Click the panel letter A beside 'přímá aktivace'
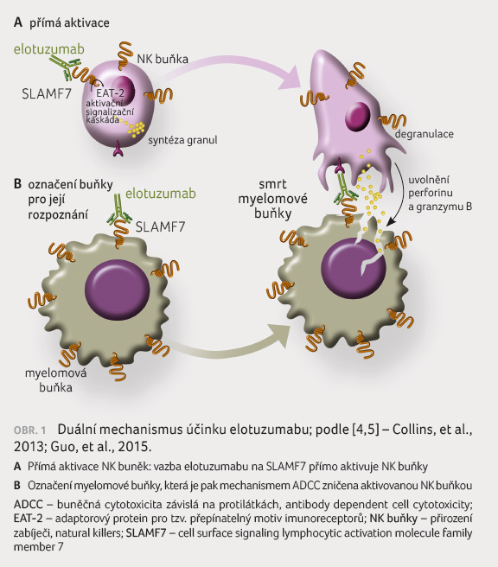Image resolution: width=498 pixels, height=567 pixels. click(18, 22)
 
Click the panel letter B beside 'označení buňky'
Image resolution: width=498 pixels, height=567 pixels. click(17, 184)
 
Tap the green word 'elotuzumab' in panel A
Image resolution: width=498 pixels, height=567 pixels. click(49, 49)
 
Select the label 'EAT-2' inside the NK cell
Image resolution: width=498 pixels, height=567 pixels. click(111, 93)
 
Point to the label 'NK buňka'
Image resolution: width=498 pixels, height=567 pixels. click(163, 59)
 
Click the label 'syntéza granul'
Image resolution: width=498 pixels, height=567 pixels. click(182, 140)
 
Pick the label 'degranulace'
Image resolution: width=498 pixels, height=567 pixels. click(424, 134)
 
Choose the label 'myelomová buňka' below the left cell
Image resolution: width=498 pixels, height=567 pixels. click(55, 380)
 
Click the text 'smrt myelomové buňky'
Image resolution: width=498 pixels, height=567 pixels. click(272, 199)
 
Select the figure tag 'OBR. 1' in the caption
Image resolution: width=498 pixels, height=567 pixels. click(30, 430)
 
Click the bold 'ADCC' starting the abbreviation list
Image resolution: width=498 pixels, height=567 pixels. click(29, 504)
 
